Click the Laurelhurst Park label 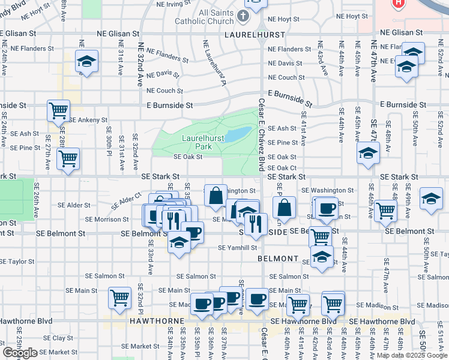[x=204, y=142]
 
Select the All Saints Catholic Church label [x=208, y=17]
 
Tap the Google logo [x=20, y=353]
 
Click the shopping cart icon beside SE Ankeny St [x=59, y=110]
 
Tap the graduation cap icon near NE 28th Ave [x=86, y=61]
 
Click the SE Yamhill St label [x=237, y=247]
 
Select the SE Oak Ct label [x=282, y=169]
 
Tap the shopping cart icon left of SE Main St [x=119, y=297]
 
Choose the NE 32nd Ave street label [x=140, y=65]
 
